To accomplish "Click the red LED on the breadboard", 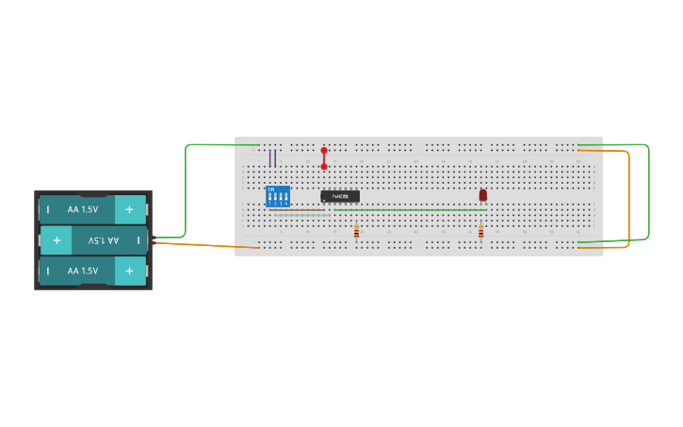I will click(483, 195).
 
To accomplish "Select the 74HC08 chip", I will click(339, 196).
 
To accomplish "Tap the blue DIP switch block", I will click(278, 196).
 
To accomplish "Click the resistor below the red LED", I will click(480, 232).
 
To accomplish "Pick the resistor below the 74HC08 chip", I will click(356, 232).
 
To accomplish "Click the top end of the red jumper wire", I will click(324, 151).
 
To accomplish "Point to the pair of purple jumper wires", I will click(272, 157).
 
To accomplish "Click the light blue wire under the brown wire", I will click(301, 215).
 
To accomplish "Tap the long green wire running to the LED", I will click(415, 209).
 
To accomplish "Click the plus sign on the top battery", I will click(129, 209).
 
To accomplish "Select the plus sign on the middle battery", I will click(57, 240).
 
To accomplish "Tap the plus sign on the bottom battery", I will click(129, 271).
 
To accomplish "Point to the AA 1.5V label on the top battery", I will click(83, 209).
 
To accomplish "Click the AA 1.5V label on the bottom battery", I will click(83, 271).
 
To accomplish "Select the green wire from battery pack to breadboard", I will click(186, 189).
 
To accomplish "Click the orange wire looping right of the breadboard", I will click(628, 198).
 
